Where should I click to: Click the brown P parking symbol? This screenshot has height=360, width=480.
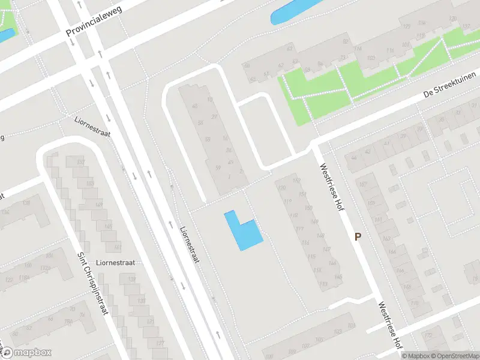[358, 237]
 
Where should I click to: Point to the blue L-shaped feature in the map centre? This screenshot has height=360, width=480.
[243, 232]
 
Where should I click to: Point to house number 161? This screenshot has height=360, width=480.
[118, 247]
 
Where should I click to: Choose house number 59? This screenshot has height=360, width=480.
[218, 167]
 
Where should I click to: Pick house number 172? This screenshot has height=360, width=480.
[428, 335]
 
